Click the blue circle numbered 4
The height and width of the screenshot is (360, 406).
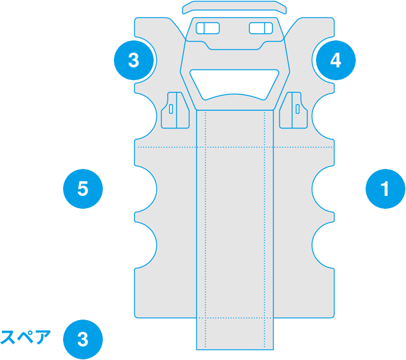pos(336,60)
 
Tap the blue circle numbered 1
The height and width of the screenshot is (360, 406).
pos(385,189)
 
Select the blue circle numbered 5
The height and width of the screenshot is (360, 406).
pos(83,189)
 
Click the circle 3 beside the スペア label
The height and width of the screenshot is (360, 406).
pos(83,339)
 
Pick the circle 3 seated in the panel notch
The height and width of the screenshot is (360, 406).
pos(134,60)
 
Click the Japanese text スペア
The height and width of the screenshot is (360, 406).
pos(25,337)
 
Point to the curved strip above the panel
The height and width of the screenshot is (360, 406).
pos(235,7)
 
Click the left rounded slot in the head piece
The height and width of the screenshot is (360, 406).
pos(208,28)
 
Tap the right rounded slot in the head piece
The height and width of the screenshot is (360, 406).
pos(261,28)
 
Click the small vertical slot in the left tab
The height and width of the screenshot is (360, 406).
pos(171,109)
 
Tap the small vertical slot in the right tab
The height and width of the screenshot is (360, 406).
pos(298,109)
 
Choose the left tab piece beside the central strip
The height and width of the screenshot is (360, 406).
pos(175,110)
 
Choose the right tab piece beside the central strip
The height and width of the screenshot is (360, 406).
pos(293,110)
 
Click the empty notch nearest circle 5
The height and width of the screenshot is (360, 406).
pos(146,189)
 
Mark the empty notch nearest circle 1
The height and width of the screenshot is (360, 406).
pos(323,189)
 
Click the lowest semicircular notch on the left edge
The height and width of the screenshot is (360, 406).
pos(146,245)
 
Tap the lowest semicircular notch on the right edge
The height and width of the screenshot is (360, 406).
pos(323,245)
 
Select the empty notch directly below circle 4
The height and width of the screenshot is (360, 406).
pos(323,116)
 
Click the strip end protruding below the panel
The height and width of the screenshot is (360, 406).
pos(235,334)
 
